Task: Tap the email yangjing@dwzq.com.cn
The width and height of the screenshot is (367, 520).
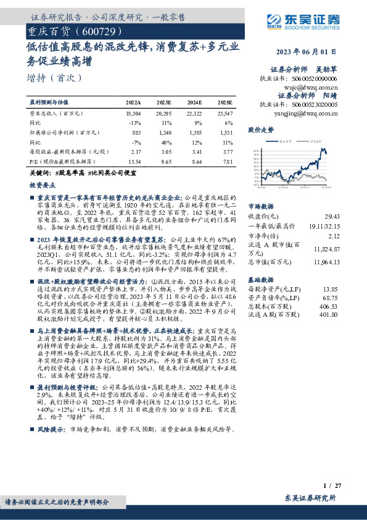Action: click(311, 113)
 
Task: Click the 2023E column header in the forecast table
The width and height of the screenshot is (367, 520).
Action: click(163, 102)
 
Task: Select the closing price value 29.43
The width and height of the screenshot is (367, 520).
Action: click(331, 217)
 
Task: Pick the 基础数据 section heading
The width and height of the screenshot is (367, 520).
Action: click(260, 279)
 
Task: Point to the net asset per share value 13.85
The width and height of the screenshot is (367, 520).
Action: click(331, 289)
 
